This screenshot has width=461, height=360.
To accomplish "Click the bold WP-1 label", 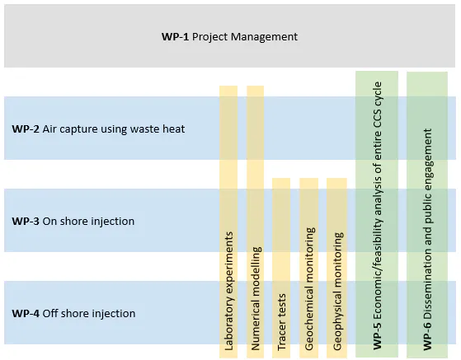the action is pos(175,37).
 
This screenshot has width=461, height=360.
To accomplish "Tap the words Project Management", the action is pos(245,37).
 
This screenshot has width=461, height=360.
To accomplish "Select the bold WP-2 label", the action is pos(26,129).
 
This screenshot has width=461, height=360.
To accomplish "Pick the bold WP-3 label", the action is pos(26,221).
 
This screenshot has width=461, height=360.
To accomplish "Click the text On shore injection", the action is pos(88,222).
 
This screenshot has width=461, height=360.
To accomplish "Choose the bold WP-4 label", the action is pos(26,313).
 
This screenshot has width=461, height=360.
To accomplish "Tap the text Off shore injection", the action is pos(89,314).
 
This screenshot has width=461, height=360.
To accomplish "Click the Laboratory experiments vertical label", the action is pos(228,291).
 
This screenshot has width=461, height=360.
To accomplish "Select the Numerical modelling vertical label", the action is pos(256,298).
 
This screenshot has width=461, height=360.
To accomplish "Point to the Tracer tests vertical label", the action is pos(281,322).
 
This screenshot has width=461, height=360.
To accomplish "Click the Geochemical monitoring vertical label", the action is pos(309,288).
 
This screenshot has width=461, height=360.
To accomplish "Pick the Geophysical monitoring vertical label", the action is pos(337,292).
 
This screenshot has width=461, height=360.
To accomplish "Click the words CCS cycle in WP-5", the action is pos(377,105).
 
